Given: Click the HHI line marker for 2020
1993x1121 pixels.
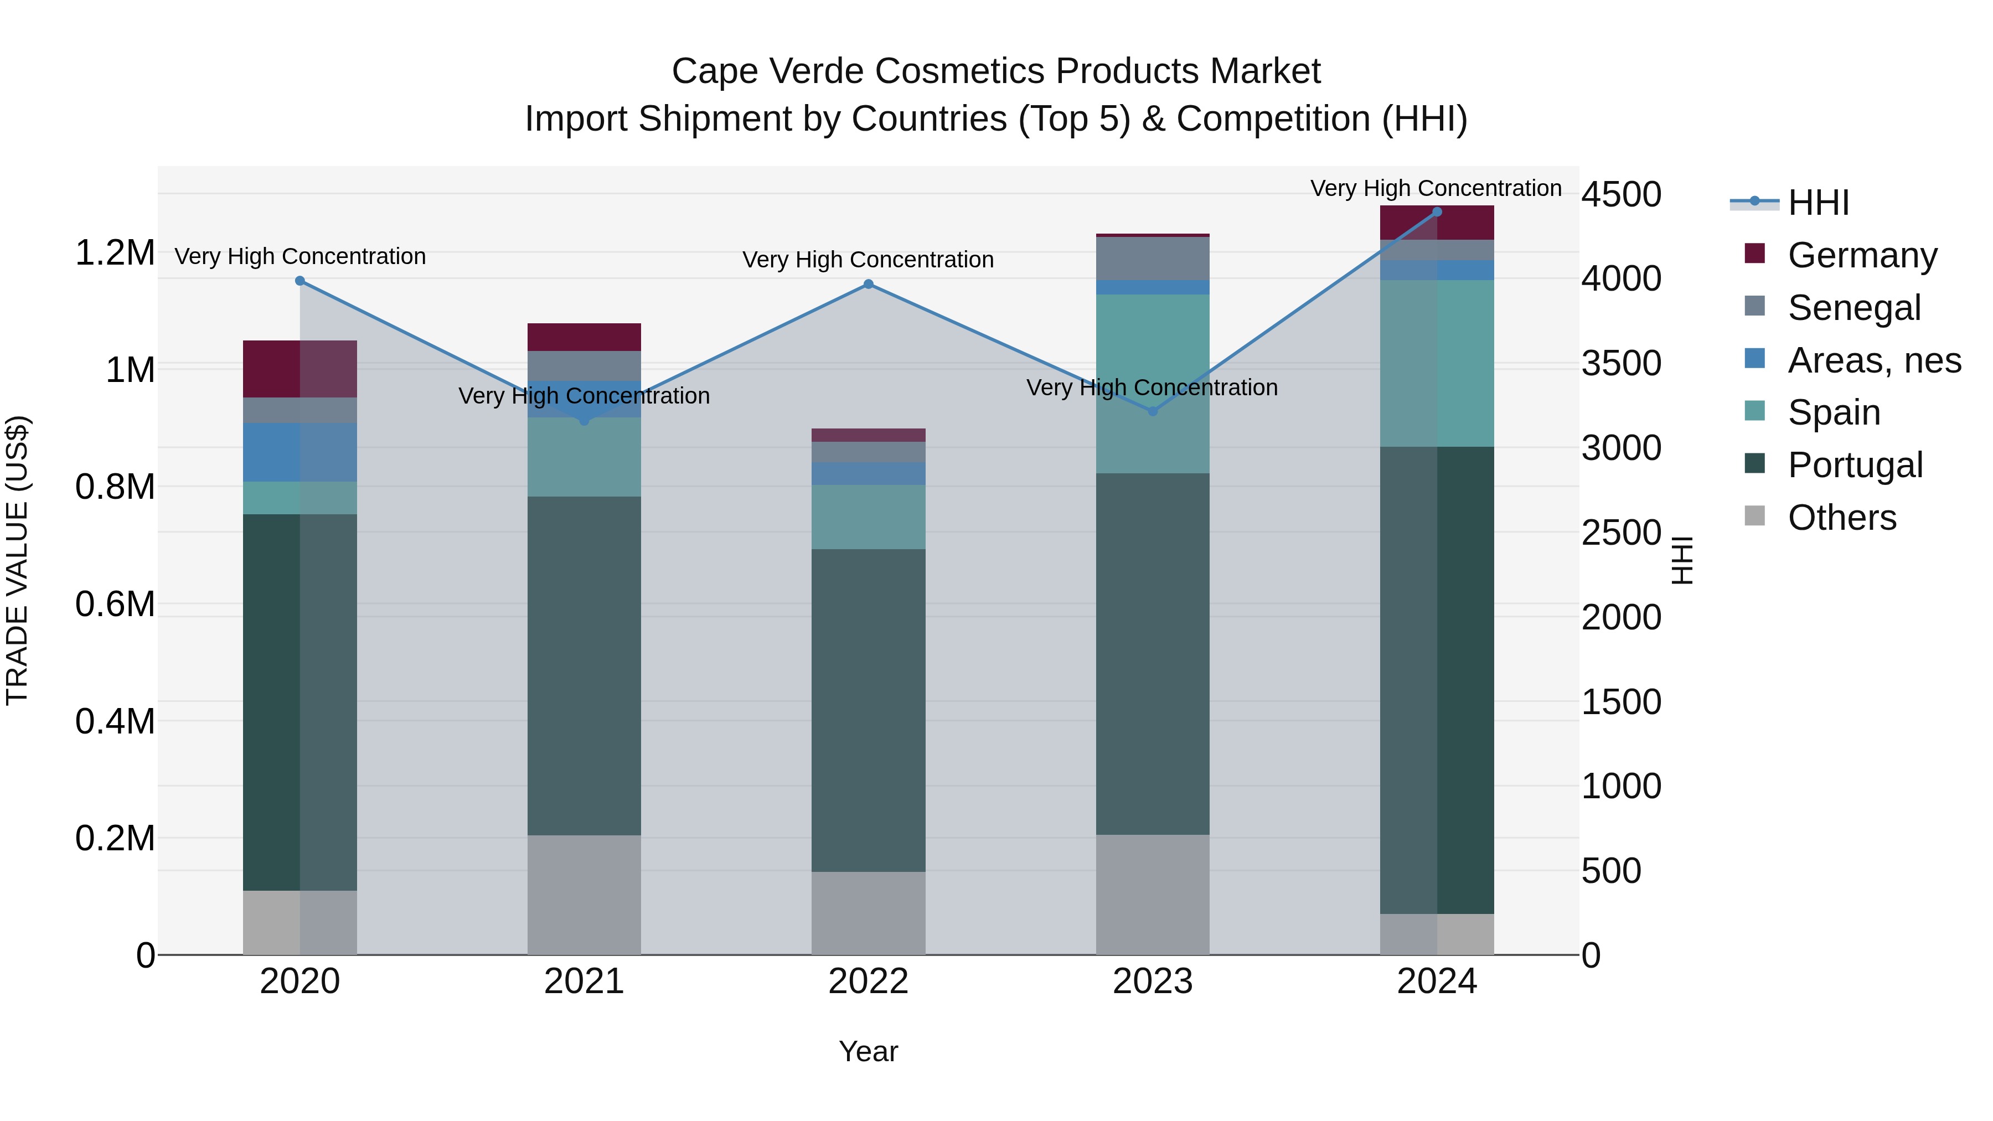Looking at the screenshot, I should [x=300, y=281].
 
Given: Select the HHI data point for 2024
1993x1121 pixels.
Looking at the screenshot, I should [x=1437, y=212].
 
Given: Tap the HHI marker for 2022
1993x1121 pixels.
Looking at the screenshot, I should [x=868, y=285].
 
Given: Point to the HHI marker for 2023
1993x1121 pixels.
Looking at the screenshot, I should [x=1153, y=411].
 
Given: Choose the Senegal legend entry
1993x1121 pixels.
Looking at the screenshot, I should [x=1853, y=308].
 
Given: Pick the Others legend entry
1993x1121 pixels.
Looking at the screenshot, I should [x=1841, y=518].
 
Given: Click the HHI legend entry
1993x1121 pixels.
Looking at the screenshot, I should [x=1818, y=203].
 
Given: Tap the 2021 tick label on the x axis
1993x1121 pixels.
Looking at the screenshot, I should [x=584, y=981].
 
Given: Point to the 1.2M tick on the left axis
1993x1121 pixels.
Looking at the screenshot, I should [x=115, y=253].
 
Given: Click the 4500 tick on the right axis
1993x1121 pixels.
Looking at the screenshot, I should [x=1621, y=194].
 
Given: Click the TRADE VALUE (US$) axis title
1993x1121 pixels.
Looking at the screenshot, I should [x=17, y=560].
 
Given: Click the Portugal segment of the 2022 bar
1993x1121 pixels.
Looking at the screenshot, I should [x=868, y=710].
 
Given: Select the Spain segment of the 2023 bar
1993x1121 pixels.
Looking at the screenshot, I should [x=1153, y=384].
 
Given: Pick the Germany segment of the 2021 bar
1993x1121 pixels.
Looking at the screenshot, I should [x=584, y=337].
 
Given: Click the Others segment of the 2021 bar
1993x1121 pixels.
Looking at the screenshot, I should [x=584, y=895].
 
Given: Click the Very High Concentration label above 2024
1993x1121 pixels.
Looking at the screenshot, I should [x=1436, y=189].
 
